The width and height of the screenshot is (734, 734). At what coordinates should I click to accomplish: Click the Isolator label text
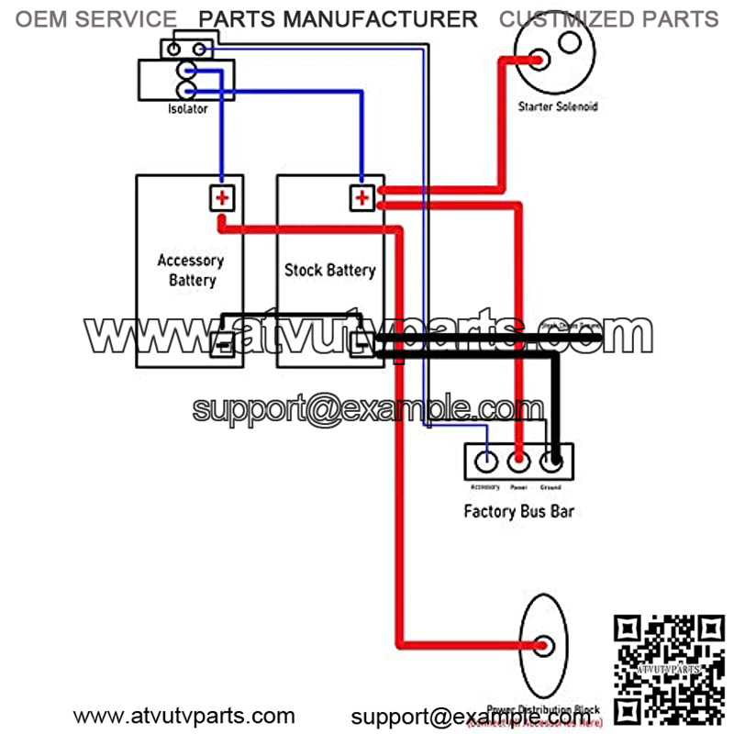[187, 109]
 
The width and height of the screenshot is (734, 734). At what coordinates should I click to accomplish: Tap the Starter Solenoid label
[558, 106]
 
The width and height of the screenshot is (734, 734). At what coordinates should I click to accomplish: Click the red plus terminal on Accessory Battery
[221, 197]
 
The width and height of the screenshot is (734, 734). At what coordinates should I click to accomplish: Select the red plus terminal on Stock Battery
[362, 197]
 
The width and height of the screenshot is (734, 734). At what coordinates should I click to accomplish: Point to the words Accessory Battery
[191, 270]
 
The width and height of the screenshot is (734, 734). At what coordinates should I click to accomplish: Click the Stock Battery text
[329, 270]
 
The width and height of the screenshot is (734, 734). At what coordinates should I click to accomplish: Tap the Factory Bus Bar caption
[519, 510]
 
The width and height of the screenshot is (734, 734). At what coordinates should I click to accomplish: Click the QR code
[669, 669]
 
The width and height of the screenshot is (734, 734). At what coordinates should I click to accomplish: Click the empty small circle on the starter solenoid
[569, 41]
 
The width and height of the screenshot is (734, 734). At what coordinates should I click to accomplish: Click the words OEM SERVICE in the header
[96, 19]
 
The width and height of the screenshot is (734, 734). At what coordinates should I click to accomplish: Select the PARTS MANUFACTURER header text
[338, 19]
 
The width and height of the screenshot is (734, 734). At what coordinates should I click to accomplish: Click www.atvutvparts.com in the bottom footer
[183, 716]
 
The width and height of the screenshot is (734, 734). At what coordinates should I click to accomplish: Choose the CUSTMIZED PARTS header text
[608, 19]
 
